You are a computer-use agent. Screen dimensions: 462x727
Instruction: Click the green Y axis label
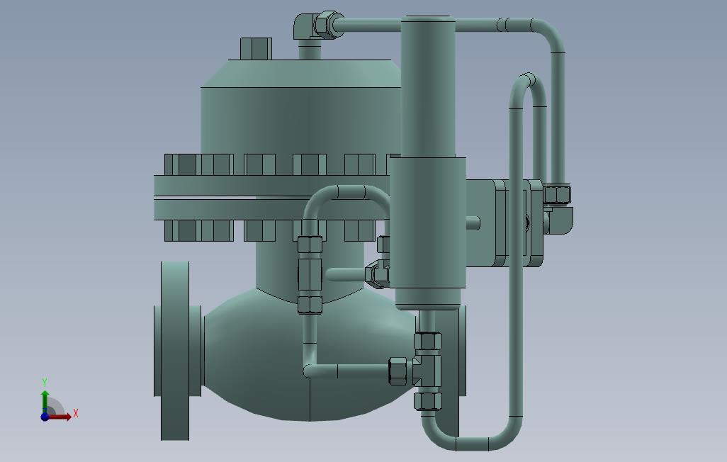pos(45,383)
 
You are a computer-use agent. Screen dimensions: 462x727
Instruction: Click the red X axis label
pos(76,413)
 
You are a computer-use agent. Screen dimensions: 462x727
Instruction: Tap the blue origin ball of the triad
pos(45,417)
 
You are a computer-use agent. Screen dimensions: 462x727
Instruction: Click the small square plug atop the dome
pos(256,49)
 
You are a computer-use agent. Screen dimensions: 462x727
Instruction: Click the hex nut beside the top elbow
pos(327,25)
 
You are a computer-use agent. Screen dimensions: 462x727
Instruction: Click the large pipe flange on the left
pos(174,351)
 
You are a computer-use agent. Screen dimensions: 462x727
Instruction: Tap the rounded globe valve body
pos(305,354)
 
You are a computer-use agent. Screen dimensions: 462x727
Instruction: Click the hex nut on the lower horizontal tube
pos(399,371)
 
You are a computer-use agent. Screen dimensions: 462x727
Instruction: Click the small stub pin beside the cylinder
pos(473,222)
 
